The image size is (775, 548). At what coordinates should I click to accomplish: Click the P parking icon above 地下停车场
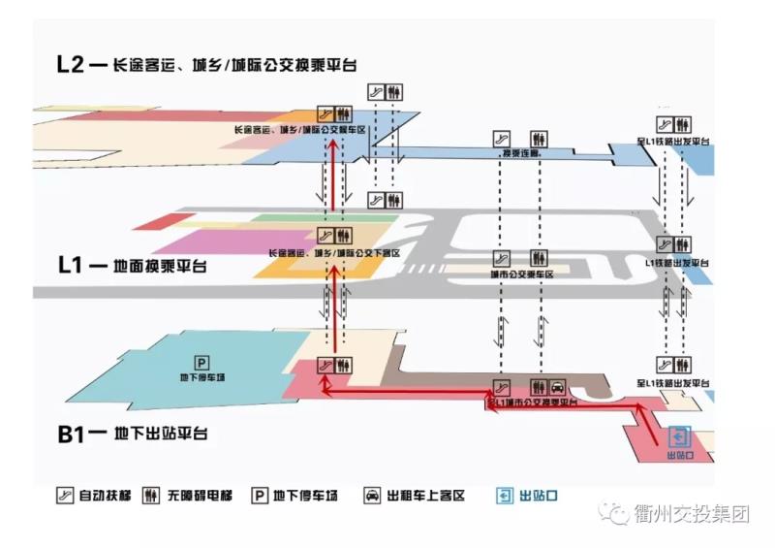pos(203,363)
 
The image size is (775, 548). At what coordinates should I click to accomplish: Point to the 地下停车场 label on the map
pos(203,377)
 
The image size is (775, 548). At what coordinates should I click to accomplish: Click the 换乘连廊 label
pos(520,154)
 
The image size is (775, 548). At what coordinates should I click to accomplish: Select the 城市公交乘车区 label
pos(520,274)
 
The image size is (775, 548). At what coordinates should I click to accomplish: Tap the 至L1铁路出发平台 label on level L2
pos(673,142)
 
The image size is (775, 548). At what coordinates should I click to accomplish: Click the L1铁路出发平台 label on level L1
pos(676,262)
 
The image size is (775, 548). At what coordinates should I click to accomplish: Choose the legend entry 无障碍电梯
pos(188,496)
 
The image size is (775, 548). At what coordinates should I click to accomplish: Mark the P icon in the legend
pos(259,496)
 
